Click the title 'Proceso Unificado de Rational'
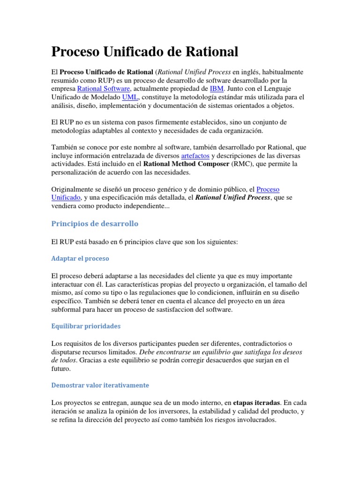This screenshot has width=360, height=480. [144, 52]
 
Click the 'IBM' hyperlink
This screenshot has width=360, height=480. [217, 89]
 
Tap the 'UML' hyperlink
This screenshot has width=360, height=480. [129, 97]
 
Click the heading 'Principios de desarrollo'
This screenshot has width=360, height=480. [94, 224]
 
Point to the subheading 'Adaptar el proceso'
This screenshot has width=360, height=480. [80, 258]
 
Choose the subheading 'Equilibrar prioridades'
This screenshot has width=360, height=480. [86, 326]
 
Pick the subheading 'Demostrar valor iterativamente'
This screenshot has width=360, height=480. [100, 385]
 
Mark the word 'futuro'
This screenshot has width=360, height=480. [61, 369]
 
